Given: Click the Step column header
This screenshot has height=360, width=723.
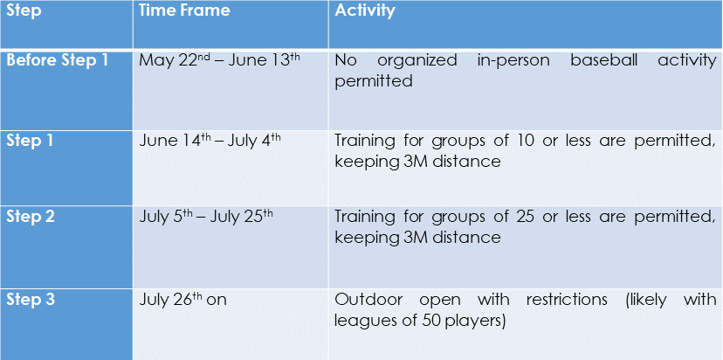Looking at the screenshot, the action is (24, 10).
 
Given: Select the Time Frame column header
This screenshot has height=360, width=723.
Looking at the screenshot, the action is (184, 10).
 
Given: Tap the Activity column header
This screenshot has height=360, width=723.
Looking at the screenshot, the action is (365, 11).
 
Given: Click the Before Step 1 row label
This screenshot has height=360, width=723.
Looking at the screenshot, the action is (57, 60).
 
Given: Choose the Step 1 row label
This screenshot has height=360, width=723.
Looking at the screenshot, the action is (30, 141).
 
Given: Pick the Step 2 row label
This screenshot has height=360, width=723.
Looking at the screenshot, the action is (31, 217).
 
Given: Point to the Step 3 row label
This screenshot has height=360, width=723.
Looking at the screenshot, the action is (31, 300).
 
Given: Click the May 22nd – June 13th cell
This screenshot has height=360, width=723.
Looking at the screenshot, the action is (217, 60).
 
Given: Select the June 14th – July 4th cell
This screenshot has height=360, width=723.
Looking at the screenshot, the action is (210, 141).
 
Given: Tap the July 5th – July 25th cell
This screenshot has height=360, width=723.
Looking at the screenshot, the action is (206, 217).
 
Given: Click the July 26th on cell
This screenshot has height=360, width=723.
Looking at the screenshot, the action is (183, 300).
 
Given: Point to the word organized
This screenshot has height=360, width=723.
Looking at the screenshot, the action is (417, 62).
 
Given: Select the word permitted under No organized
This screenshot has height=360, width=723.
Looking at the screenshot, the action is (374, 81).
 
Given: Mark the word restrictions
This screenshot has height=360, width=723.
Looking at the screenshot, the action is (567, 300).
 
